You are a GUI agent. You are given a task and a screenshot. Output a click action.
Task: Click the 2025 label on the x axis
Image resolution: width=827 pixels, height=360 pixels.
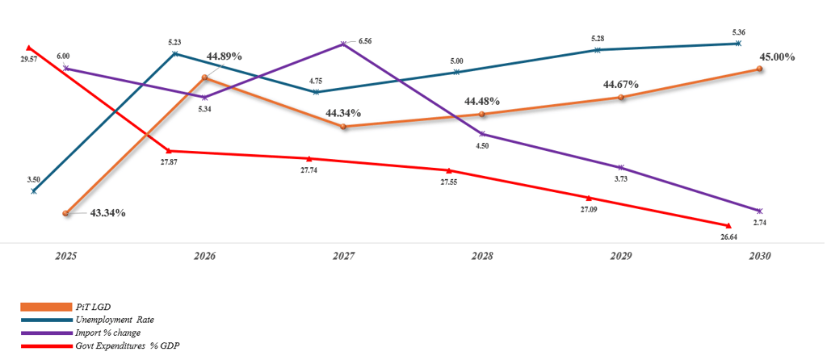coord(66,256)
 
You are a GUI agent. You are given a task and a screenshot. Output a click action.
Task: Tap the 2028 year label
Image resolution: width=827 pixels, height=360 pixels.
coord(483,256)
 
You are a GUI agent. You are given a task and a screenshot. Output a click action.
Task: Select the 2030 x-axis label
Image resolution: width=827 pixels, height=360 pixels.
coord(760,256)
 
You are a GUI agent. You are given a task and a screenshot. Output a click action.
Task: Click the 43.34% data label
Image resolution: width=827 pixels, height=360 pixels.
coord(107,213)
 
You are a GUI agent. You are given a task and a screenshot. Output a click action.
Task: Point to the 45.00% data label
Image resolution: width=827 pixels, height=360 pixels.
coord(778,57)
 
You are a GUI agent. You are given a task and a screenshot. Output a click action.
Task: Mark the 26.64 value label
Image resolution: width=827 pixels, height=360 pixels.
coord(728,237)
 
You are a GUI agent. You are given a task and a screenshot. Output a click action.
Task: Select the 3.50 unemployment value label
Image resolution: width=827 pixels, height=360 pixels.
coord(35,179)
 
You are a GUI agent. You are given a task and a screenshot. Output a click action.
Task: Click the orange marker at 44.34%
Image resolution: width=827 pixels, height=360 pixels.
coord(344,127)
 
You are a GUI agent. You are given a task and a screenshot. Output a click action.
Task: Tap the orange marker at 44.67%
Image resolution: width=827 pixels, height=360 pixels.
coord(620,98)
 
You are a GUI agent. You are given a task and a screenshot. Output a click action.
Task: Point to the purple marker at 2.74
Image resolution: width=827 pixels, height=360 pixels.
coord(760,211)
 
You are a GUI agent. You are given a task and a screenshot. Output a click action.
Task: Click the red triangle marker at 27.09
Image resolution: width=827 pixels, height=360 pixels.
coord(589,198)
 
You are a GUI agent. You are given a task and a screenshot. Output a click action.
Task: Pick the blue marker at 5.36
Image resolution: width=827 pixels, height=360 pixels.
coord(737,44)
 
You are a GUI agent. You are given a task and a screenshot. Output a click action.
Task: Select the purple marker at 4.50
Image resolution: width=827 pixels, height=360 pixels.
coord(482,134)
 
